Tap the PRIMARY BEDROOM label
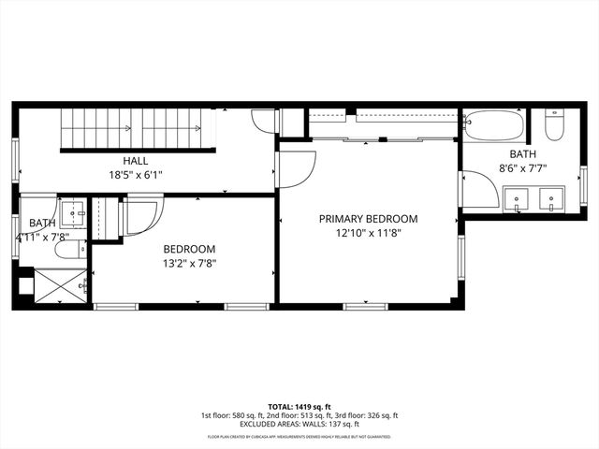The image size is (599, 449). [368, 219]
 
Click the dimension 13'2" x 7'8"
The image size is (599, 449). [190, 263]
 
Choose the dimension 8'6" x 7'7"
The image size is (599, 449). [522, 168]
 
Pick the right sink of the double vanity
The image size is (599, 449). [553, 197]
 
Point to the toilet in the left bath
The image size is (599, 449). [67, 249]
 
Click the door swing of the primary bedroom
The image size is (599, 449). [296, 168]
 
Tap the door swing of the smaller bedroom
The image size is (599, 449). [143, 215]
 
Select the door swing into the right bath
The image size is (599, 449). [477, 189]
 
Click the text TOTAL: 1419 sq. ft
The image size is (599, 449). [299, 407]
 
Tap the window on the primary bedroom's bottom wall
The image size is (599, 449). [366, 306]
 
